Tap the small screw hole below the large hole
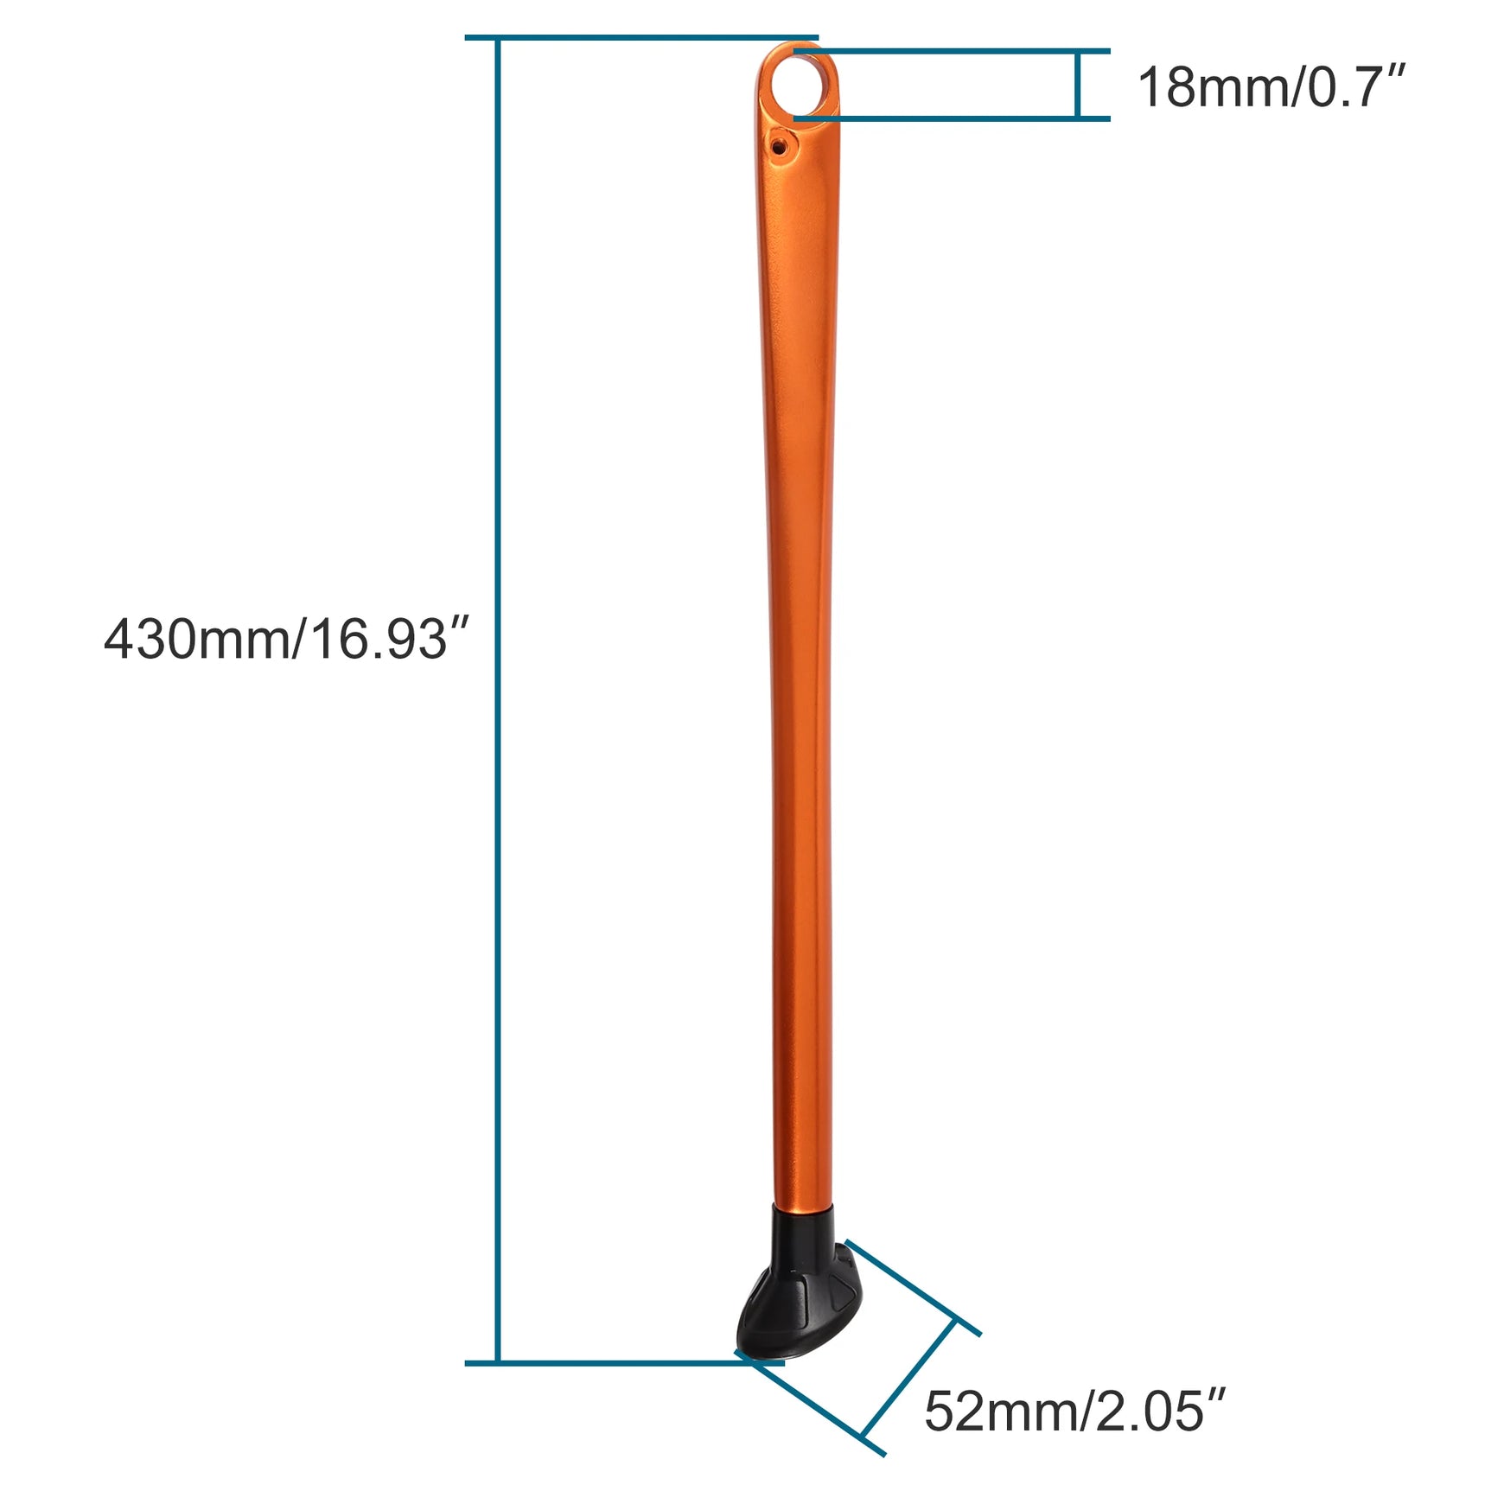pos(781,146)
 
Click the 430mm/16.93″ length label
pos(286,640)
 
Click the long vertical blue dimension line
pos(497,700)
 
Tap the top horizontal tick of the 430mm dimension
pos(641,38)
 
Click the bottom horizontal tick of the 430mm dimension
pos(624,1363)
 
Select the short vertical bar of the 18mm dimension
pos(1077,85)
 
